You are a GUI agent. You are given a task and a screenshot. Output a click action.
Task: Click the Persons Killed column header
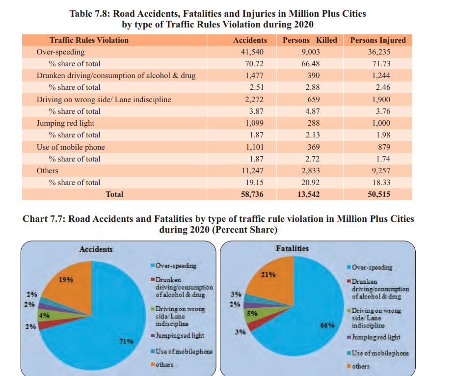pyautogui.click(x=310, y=40)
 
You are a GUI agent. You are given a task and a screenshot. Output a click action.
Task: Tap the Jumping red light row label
pyautogui.click(x=65, y=123)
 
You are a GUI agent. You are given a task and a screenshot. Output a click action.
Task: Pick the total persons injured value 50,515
pyautogui.click(x=378, y=194)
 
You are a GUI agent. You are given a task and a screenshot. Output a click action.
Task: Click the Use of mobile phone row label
pyautogui.click(x=71, y=147)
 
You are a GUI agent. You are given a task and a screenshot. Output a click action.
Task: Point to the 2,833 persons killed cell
pyautogui.click(x=310, y=171)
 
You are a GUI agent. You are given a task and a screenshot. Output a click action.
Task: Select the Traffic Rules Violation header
pyautogui.click(x=89, y=40)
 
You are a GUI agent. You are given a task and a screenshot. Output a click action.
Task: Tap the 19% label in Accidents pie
pyautogui.click(x=66, y=280)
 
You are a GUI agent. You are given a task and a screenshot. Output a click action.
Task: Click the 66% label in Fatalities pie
pyautogui.click(x=327, y=325)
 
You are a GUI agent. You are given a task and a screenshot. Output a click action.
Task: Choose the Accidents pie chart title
pyautogui.click(x=96, y=249)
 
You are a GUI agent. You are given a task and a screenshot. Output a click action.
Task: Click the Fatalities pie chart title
pyautogui.click(x=292, y=248)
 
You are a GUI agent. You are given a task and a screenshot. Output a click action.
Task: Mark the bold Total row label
pyautogui.click(x=114, y=194)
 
